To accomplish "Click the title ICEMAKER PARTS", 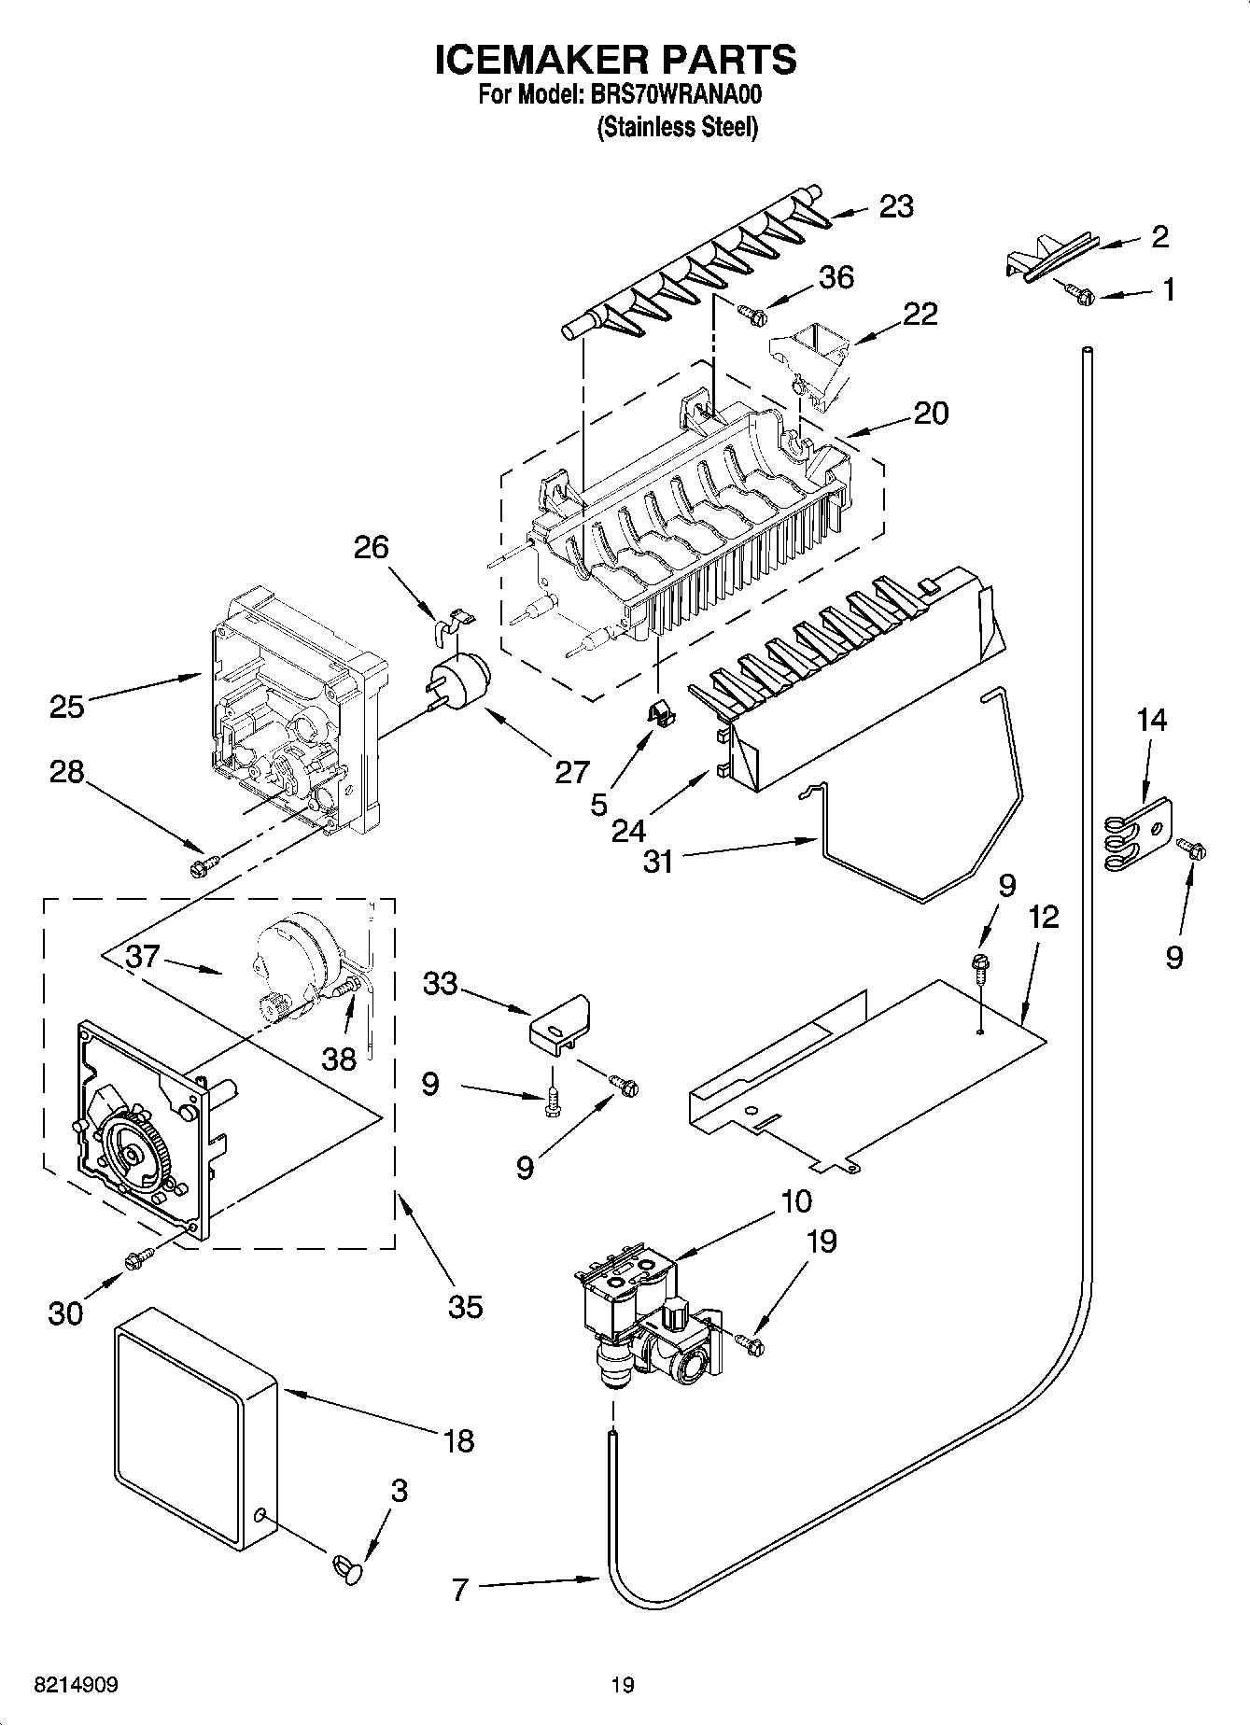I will pos(616,59).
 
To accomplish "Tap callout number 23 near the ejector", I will pos(896,206).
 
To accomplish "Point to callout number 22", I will pos(920,314).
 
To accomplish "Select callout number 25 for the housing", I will pos(67,706).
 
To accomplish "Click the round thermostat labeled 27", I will pos(458,678).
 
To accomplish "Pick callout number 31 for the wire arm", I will pos(658,860).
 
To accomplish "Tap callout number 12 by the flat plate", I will pos(1043,918).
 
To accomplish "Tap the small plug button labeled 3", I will pos(345,1565).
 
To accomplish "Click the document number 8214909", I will pos(76,1685).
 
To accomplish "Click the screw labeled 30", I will pos(137,1260).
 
